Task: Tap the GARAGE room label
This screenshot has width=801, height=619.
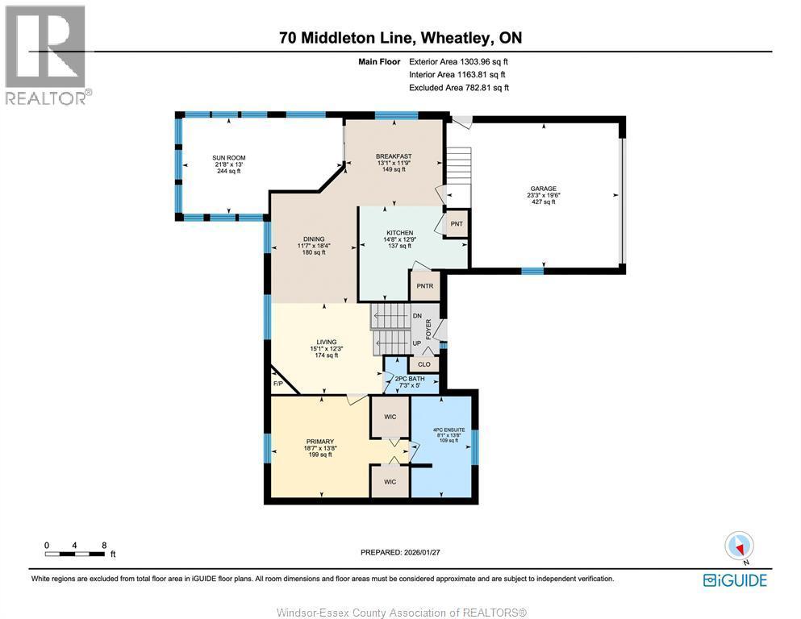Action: point(542,189)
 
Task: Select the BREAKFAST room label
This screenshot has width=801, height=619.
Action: point(394,156)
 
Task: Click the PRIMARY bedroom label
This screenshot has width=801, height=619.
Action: point(319,442)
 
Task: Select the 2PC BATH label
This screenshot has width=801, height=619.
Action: point(410,379)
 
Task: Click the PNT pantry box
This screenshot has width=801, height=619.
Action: point(457,223)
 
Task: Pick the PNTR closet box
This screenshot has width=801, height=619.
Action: point(424,285)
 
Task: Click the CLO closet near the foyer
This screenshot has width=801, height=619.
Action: point(424,364)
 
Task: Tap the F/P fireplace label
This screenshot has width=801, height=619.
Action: point(278,384)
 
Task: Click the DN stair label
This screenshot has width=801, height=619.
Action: point(417,316)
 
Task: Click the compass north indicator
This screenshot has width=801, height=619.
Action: point(739,547)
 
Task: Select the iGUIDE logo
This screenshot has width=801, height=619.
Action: point(734,580)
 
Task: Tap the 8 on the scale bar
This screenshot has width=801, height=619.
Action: point(104,545)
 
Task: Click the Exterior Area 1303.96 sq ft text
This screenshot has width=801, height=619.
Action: point(459,61)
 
